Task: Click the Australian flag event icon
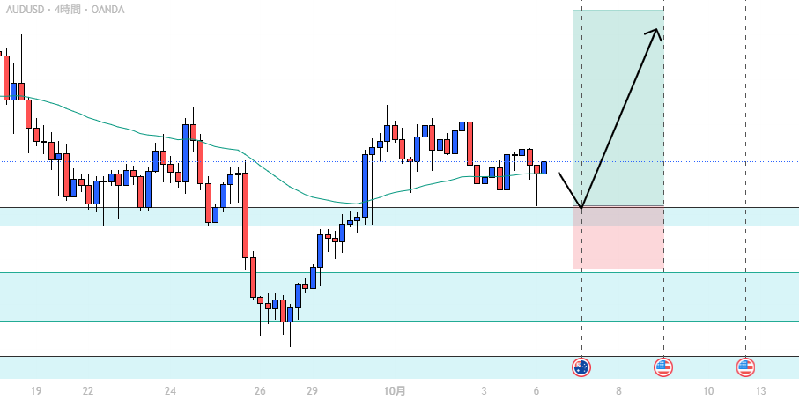(x=581, y=367)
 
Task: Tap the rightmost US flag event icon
(x=745, y=367)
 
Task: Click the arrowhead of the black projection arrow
(x=656, y=33)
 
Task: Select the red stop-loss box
(x=618, y=238)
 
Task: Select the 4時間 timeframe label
(x=69, y=10)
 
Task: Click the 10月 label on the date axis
(x=396, y=390)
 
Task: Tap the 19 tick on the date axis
(x=36, y=390)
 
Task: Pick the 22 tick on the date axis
(x=88, y=390)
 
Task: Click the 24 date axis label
(x=171, y=390)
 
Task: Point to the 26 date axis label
(x=260, y=390)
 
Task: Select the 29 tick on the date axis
(x=312, y=390)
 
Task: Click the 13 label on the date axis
(x=760, y=390)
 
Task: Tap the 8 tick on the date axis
(x=619, y=390)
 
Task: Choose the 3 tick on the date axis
(x=484, y=390)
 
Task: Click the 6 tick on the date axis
(x=536, y=390)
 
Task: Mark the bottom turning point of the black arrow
(x=581, y=208)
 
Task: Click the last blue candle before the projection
(x=544, y=167)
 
